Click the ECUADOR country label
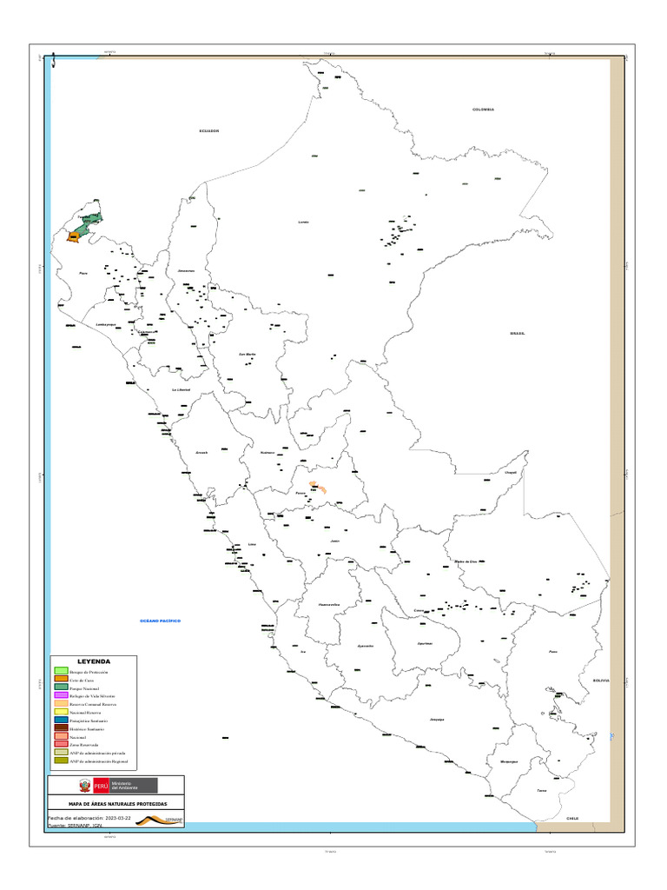coord(208,130)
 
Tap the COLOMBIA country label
coord(483,110)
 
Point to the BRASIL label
coord(518,333)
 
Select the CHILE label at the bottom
coord(571,818)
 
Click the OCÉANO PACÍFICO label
coord(160,621)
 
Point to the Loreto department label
coord(303,222)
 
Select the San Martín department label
coord(247,354)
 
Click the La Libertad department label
coord(181,390)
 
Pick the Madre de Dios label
coord(466,561)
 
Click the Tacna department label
coord(542,790)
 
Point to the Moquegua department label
coord(509,761)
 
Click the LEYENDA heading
coord(93,661)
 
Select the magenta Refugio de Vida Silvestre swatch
coord(61,695)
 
